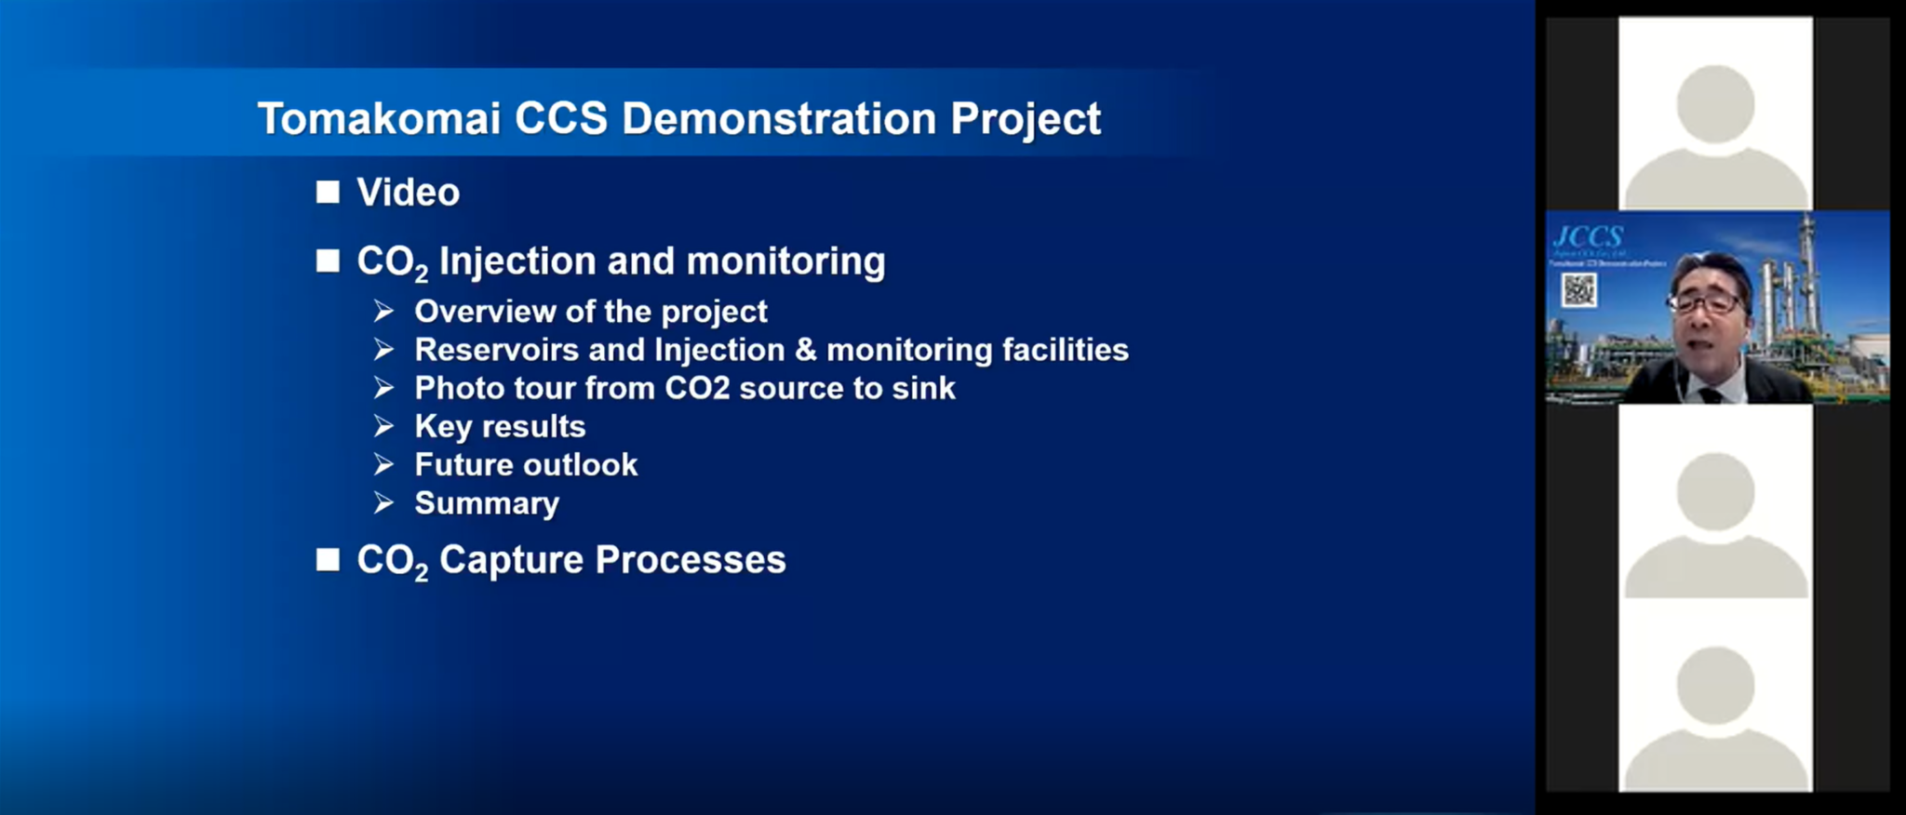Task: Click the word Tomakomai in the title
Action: (x=379, y=119)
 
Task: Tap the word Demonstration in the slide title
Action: (x=778, y=119)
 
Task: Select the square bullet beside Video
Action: (x=328, y=193)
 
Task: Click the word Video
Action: (x=408, y=193)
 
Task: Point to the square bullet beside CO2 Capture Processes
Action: (x=328, y=560)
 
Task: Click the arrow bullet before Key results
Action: (x=383, y=426)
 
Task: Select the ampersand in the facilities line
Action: (x=806, y=350)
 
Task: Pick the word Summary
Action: (x=487, y=503)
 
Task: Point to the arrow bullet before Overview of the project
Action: (x=383, y=311)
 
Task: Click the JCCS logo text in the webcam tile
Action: (x=1588, y=236)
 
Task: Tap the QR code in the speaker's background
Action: (x=1578, y=290)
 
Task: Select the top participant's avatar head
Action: (x=1715, y=102)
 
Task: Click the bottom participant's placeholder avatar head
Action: (x=1715, y=686)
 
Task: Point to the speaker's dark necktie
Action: (x=1711, y=394)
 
